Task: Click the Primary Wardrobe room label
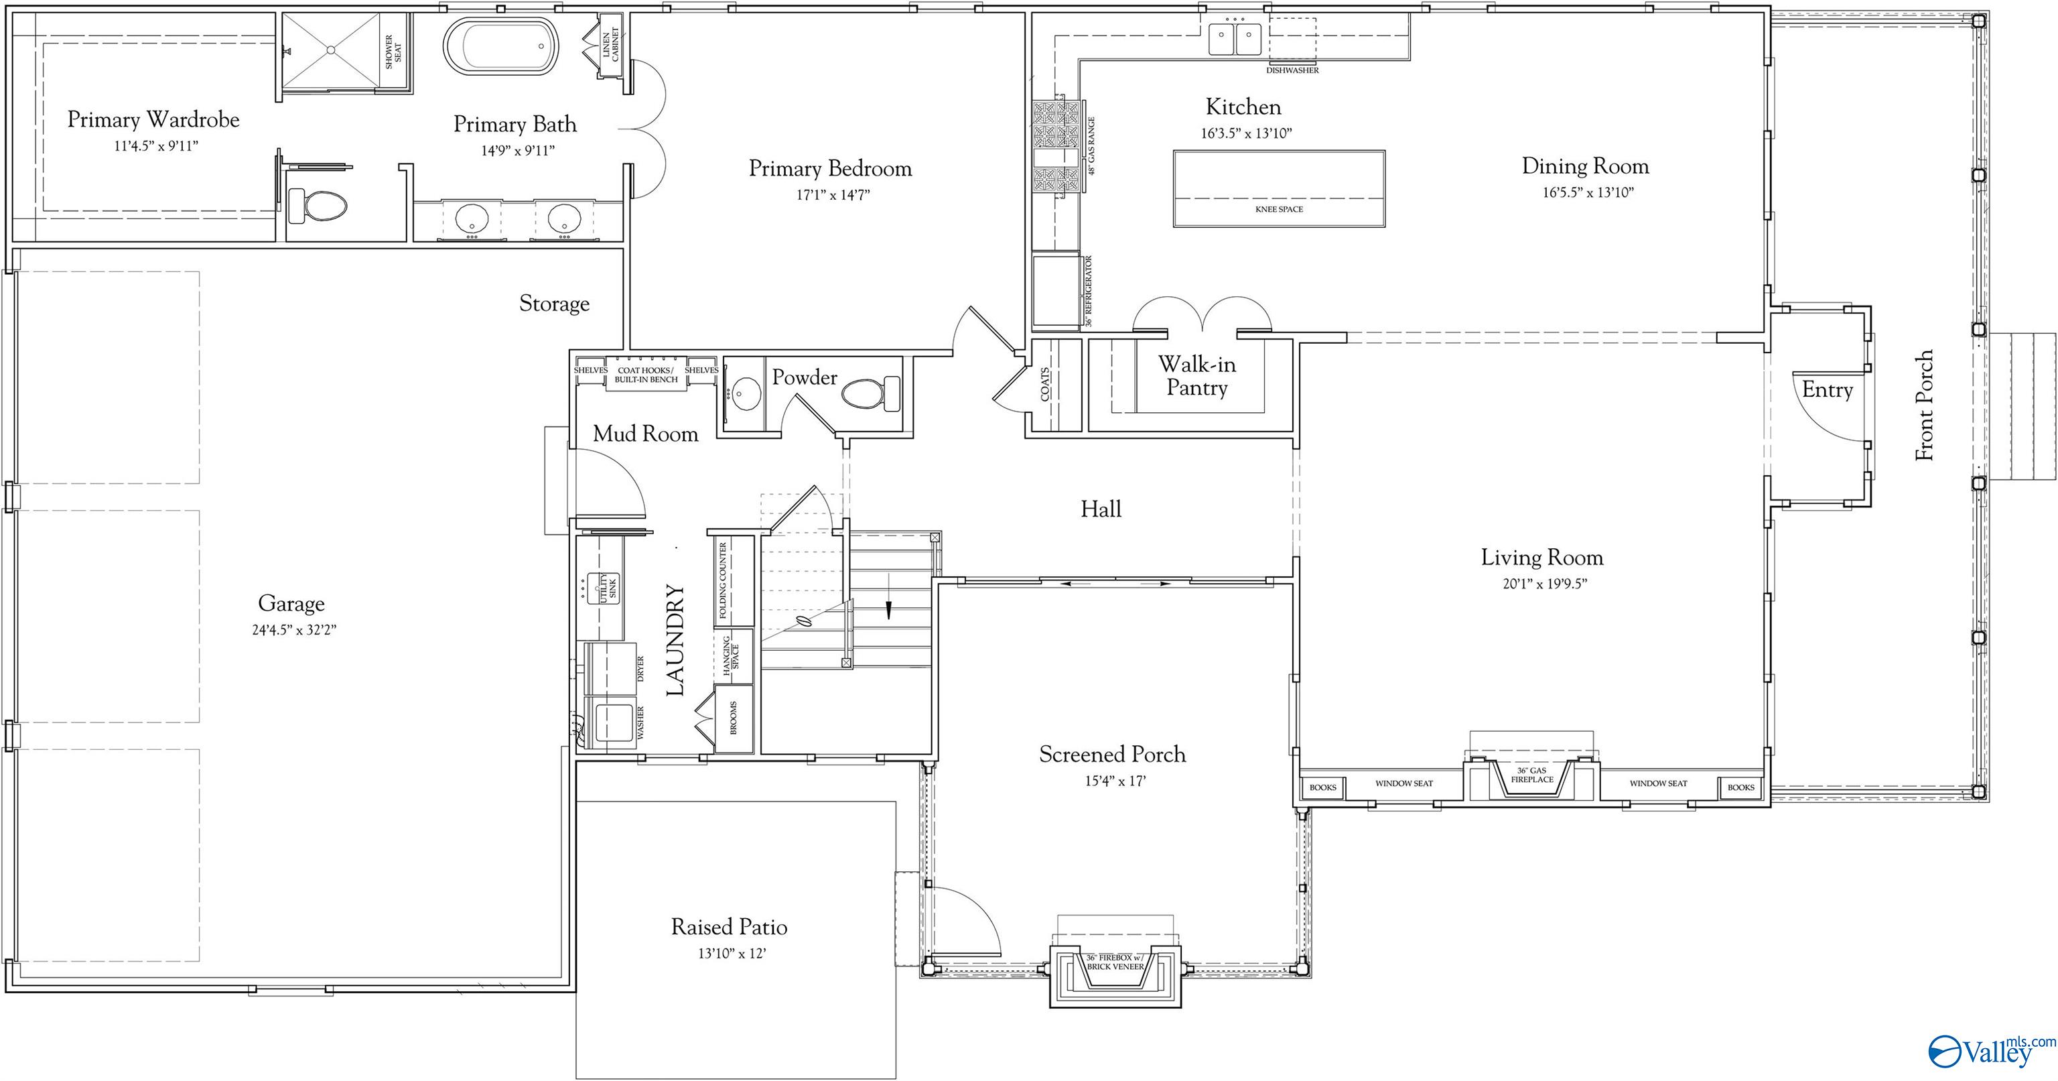[153, 120]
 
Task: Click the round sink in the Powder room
[746, 394]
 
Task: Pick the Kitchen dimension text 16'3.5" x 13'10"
[1246, 133]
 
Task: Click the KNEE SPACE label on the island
[1279, 209]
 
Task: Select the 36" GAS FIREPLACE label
[1532, 775]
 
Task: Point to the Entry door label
[1827, 390]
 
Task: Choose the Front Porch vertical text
[1925, 405]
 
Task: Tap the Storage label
[555, 304]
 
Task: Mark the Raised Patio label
[730, 927]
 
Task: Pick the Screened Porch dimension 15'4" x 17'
[1115, 781]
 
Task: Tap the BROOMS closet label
[734, 718]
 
